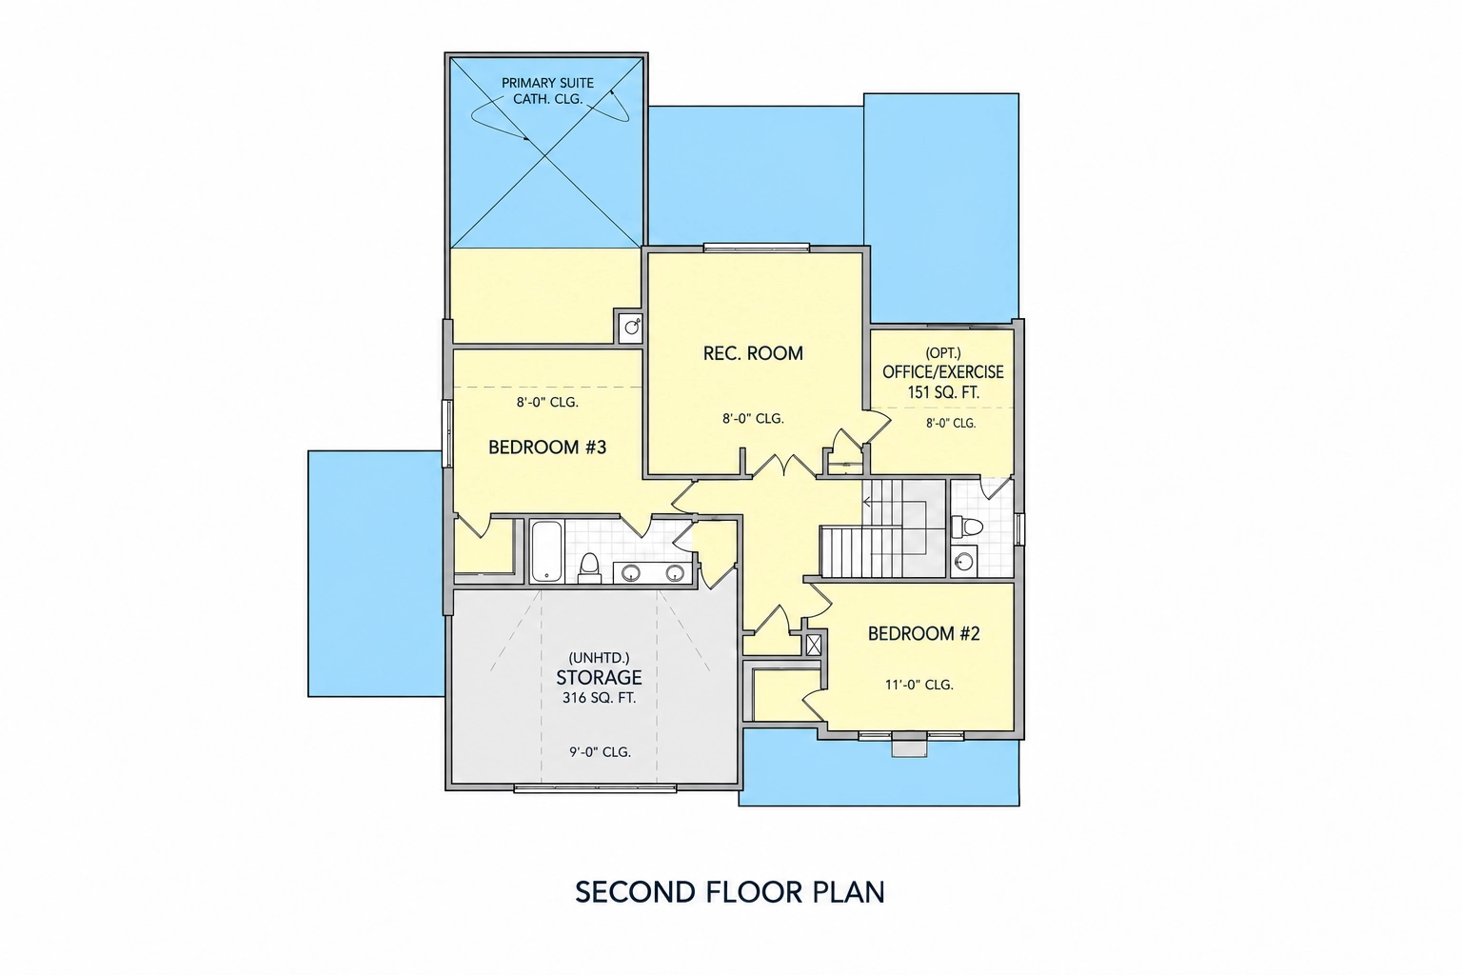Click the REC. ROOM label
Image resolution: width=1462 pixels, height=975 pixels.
[x=753, y=353]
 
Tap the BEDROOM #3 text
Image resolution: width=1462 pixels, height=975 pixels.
[x=547, y=448]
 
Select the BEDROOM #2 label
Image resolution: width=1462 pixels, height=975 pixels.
[x=923, y=633]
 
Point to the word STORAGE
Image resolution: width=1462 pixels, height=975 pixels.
[x=599, y=677]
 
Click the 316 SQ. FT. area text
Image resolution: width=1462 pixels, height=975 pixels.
[x=599, y=698]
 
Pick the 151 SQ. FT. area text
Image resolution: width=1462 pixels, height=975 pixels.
[x=943, y=392]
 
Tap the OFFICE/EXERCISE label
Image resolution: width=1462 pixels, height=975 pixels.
[x=943, y=372]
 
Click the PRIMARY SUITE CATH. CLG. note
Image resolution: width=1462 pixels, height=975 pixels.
[x=547, y=91]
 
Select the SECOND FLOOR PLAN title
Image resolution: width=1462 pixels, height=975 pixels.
[x=730, y=892]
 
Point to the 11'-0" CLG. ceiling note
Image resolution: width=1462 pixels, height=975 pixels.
[x=919, y=685]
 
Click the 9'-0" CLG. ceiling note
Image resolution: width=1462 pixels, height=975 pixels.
[x=600, y=752]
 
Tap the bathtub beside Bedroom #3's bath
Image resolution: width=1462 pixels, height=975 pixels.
[x=546, y=551]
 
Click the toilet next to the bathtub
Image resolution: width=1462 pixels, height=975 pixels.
[x=589, y=568]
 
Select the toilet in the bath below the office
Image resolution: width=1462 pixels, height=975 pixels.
[x=967, y=527]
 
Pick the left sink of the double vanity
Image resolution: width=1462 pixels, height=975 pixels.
[x=630, y=573]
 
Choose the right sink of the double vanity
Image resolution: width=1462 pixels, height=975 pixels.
[x=675, y=573]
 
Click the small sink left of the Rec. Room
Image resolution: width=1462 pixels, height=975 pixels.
[x=632, y=326]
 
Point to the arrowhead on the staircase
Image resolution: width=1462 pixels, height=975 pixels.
[x=866, y=502]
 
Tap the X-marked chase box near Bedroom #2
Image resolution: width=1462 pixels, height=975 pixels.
[x=813, y=646]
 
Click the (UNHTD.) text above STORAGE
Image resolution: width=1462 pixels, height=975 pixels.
[x=599, y=658]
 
